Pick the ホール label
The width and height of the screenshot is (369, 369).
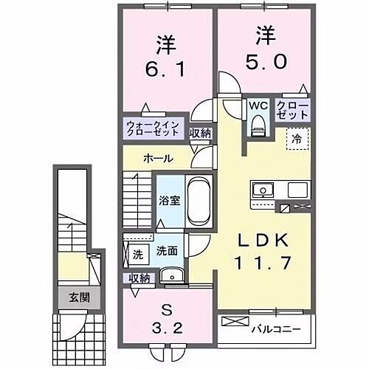(159, 158)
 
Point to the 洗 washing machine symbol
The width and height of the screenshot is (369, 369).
(137, 255)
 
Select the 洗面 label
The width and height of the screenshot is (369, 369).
(165, 251)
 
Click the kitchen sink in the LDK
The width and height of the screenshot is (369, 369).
(262, 190)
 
